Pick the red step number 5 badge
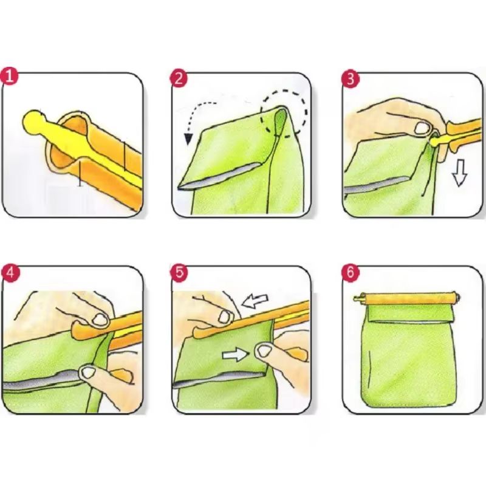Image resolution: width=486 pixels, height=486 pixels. [x=179, y=272]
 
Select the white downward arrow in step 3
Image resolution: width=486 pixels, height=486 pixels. [x=460, y=175]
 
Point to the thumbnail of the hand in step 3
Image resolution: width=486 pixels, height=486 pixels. [x=421, y=128]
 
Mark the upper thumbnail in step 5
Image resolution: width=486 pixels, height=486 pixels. [x=226, y=316]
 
